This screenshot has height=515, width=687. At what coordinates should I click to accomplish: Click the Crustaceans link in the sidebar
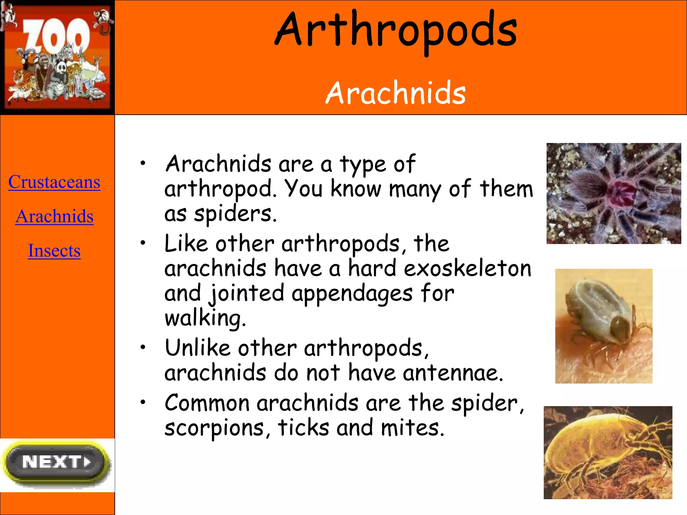click(x=54, y=182)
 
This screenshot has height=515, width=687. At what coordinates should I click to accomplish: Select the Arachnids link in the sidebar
click(x=54, y=216)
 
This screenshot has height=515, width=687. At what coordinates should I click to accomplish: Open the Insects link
click(x=54, y=251)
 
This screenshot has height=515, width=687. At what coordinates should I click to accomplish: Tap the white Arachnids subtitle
click(x=396, y=93)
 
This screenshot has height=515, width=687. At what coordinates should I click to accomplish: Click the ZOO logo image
click(x=57, y=57)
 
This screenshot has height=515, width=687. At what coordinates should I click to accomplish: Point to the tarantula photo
click(x=614, y=193)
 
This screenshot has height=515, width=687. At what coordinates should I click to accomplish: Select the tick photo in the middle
click(x=603, y=326)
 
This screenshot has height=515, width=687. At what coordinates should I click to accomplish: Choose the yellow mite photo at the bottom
click(x=608, y=453)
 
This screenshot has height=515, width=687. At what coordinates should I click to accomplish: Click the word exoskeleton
click(x=468, y=269)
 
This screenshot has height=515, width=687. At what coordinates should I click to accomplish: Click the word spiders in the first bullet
click(x=235, y=214)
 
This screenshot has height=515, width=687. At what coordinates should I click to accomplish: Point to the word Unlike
click(x=197, y=348)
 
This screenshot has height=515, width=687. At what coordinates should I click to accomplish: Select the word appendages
click(x=352, y=293)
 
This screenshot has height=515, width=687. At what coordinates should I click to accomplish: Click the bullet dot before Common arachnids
click(x=143, y=402)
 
